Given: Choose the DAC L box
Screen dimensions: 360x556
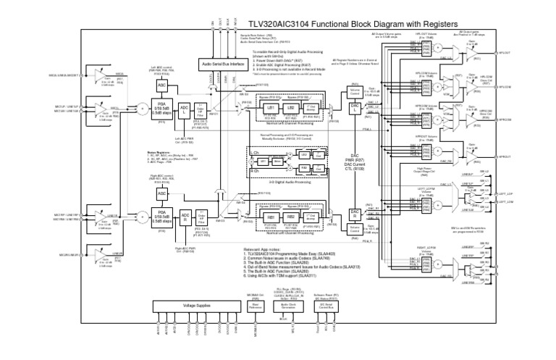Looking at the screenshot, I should click(x=355, y=107).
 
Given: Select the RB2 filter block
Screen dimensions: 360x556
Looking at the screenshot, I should click(x=290, y=217).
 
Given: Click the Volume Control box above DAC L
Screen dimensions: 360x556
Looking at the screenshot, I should click(x=355, y=93).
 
